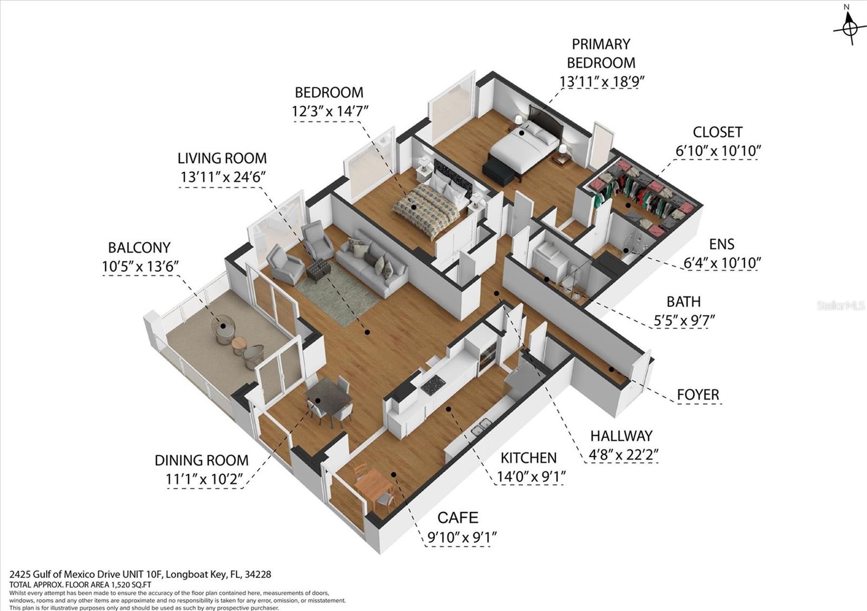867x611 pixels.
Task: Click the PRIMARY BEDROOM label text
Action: tap(601, 53)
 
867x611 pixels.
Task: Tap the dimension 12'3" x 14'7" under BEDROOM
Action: tap(330, 111)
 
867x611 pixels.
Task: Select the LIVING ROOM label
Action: tap(222, 158)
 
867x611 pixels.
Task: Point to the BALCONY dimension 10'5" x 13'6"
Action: tap(140, 266)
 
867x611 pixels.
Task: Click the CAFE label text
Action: tap(458, 518)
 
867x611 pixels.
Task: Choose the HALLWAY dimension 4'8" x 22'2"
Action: tap(623, 454)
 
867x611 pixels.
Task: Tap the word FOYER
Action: tap(698, 395)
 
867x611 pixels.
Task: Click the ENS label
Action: tap(721, 245)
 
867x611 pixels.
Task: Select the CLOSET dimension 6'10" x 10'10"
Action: tap(718, 151)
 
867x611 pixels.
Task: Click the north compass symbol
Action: tap(850, 27)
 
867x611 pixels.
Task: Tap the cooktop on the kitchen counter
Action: tap(433, 384)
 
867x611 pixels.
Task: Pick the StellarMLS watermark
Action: tap(840, 306)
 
